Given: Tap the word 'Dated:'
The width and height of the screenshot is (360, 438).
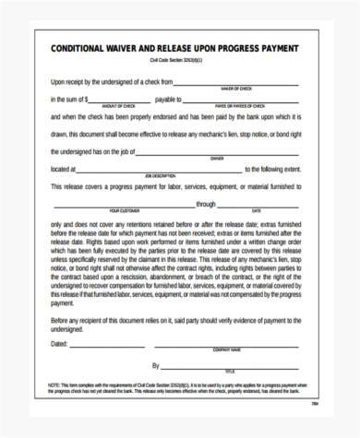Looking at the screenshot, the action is click(58, 343).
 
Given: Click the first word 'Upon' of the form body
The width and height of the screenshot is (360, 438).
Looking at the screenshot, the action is click(58, 81).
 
